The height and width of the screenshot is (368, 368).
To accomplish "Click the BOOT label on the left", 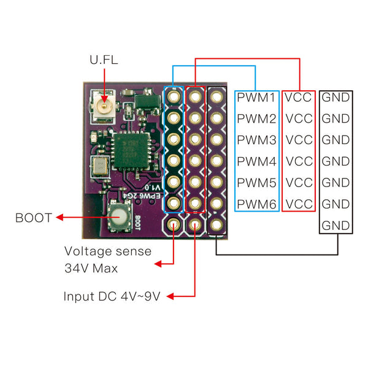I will point(34,217).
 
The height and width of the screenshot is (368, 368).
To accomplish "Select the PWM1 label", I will point(256,97).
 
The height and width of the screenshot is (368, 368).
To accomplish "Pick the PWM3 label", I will point(256,140).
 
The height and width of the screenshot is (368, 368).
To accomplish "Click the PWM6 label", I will point(256,204).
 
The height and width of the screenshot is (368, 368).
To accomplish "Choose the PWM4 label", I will point(256,161).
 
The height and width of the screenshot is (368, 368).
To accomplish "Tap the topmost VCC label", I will point(299,97).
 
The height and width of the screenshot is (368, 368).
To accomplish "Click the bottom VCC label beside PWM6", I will point(299,204).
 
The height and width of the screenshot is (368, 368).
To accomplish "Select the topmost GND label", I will point(335,97).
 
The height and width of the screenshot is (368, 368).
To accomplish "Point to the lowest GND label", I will point(335,224).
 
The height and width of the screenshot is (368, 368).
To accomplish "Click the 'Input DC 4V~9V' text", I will point(112,296).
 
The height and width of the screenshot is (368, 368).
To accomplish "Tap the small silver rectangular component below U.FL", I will point(99,166).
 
